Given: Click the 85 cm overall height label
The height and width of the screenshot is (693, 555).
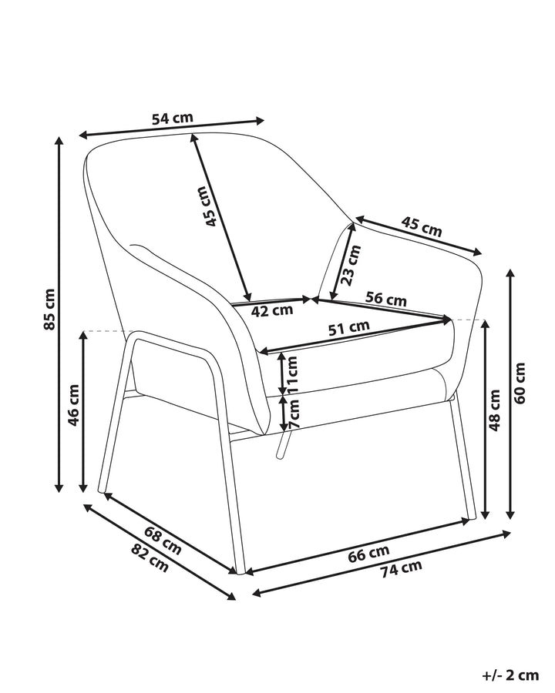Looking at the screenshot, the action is [x=49, y=309].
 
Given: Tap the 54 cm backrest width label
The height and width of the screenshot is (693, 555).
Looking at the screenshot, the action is [x=173, y=119].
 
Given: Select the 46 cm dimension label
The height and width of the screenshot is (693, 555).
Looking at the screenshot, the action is [x=73, y=405].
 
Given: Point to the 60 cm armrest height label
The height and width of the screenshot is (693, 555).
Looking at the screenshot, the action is [x=520, y=383].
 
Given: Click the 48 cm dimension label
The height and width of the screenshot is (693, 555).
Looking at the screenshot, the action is [x=494, y=410].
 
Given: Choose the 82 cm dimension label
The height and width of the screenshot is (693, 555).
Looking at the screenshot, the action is [x=150, y=558].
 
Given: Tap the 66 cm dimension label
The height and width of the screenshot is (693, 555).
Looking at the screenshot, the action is [x=368, y=554].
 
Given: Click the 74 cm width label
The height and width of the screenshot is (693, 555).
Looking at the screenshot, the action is [x=402, y=568].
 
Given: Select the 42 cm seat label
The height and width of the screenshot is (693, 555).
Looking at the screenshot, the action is [x=272, y=311].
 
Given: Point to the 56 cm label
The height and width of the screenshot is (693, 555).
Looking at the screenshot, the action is [x=386, y=299].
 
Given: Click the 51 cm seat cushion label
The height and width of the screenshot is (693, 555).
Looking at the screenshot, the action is [x=348, y=327].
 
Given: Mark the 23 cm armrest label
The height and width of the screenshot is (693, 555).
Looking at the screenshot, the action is [x=351, y=265].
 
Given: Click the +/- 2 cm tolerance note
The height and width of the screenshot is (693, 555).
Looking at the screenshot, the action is [x=510, y=675].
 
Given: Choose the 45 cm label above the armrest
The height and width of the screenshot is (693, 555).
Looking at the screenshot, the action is [x=422, y=226].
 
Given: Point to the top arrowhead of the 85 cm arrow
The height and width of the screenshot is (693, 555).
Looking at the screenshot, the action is [x=59, y=138].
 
